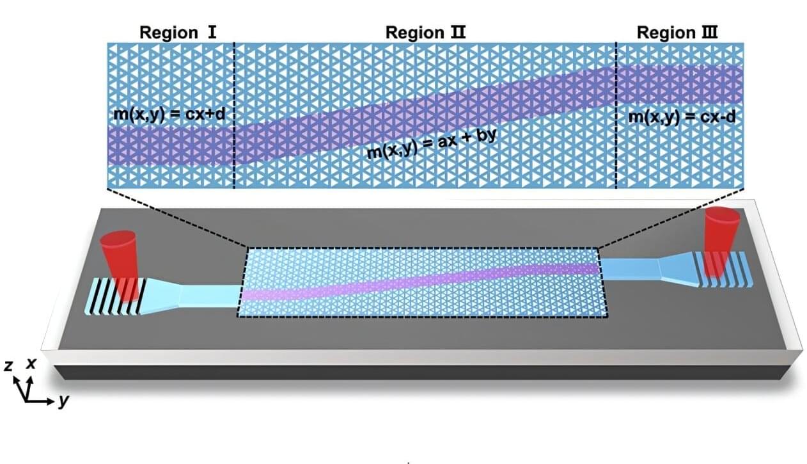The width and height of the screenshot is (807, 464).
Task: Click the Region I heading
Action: coord(169,32)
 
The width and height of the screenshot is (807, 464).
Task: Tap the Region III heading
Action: coord(678,32)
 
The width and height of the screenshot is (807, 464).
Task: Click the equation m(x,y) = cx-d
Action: coord(678,117)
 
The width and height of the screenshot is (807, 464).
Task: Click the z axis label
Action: coord(8,365)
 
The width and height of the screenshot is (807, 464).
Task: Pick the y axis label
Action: coord(63,402)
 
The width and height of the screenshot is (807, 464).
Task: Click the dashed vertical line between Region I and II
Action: coord(235,115)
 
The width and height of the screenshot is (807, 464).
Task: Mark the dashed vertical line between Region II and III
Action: coord(616,115)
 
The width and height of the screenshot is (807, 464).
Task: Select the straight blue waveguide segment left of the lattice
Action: coord(208,296)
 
